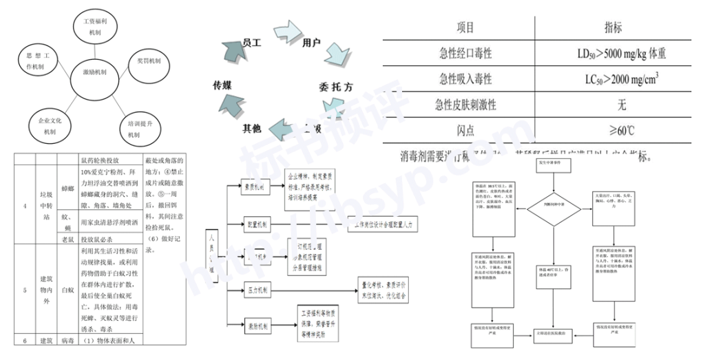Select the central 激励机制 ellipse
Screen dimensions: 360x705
(94, 72)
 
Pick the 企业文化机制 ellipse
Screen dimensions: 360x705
(50, 126)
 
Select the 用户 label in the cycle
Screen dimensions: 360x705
(311, 43)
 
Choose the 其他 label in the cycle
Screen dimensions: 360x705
(251, 129)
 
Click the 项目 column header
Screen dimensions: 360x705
(465, 28)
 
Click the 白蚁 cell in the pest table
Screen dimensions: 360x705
(67, 290)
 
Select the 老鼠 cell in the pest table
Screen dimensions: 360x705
(67, 240)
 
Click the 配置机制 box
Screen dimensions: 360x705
(255, 224)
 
